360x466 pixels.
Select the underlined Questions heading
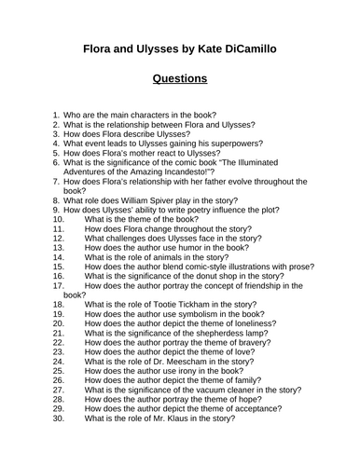179,79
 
